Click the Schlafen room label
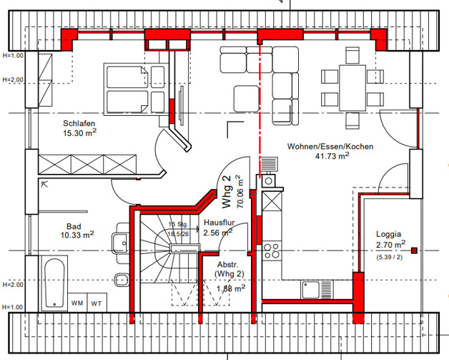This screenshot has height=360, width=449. click(x=79, y=122)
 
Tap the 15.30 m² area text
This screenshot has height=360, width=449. click(x=79, y=133)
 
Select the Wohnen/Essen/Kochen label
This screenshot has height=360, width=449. click(x=330, y=146)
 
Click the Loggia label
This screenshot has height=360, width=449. click(x=388, y=233)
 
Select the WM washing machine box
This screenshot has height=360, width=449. click(x=77, y=303)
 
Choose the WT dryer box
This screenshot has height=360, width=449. click(x=97, y=303)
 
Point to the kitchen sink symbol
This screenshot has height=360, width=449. click(x=310, y=289)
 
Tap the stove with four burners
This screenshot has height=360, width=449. click(x=272, y=252)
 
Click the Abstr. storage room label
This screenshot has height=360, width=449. click(x=230, y=265)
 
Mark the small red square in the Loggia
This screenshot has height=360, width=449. click(x=414, y=250)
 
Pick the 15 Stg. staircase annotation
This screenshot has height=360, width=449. click(x=177, y=225)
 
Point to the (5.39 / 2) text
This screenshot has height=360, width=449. click(x=388, y=256)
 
